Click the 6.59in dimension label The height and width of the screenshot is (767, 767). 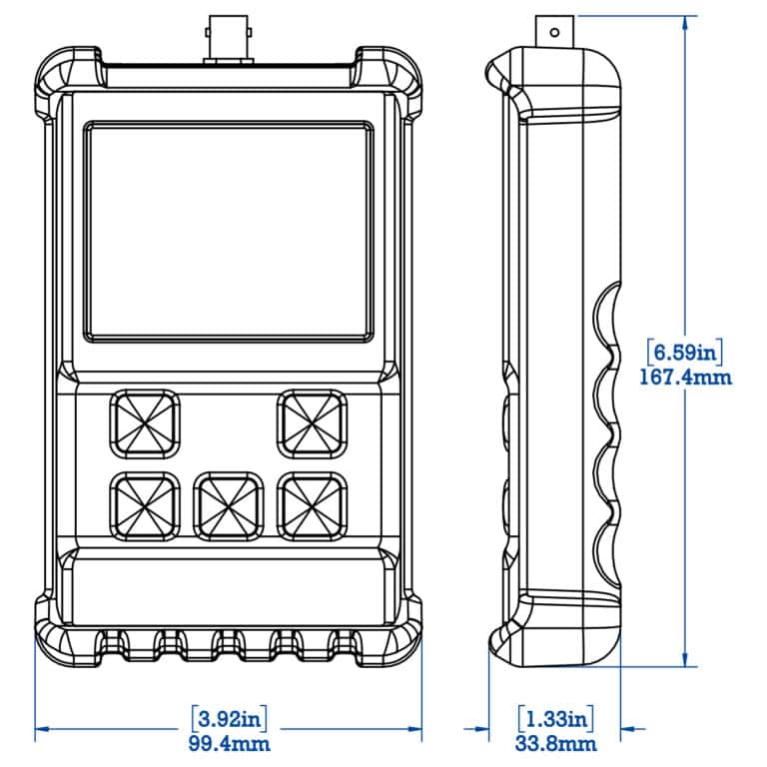[685, 353]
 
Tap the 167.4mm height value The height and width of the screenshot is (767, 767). [685, 378]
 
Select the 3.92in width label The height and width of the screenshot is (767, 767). [229, 717]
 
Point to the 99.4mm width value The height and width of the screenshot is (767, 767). [229, 743]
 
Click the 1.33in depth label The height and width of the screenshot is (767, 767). [556, 717]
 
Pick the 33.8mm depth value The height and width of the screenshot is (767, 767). [556, 743]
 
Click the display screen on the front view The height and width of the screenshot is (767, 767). [229, 231]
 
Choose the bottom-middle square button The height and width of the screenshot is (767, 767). [229, 504]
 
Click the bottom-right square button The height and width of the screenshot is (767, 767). [312, 504]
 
